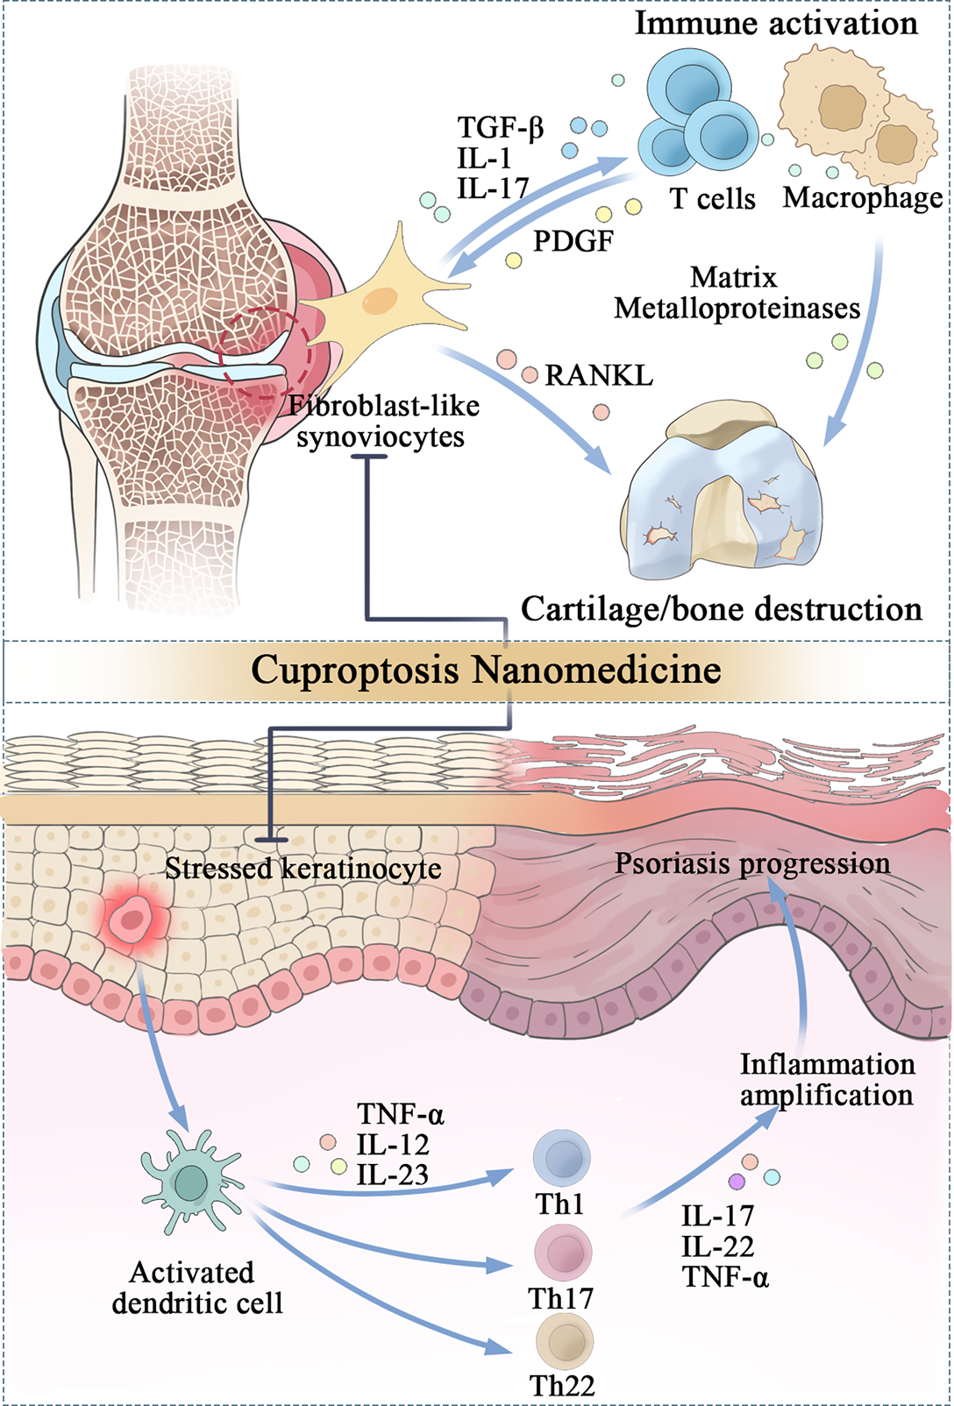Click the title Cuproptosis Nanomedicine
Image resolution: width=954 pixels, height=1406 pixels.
[486, 671]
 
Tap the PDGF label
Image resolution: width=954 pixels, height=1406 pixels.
[573, 240]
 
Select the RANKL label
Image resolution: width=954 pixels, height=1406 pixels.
[599, 376]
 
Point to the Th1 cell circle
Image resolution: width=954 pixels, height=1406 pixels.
[562, 1158]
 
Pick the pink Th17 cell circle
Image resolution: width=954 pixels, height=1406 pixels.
[563, 1253]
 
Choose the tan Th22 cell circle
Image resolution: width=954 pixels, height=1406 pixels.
[565, 1340]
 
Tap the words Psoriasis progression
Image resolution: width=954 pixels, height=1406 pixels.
[752, 863]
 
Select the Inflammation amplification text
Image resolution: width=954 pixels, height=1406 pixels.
[827, 1079]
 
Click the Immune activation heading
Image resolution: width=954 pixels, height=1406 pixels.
[776, 23]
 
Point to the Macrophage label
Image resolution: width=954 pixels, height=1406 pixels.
[863, 198]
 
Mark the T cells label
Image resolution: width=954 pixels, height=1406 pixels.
[713, 199]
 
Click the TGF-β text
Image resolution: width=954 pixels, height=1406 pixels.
[501, 128]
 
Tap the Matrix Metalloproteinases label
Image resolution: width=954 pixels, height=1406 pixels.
[737, 294]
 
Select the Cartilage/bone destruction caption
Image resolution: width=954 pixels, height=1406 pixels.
[721, 609]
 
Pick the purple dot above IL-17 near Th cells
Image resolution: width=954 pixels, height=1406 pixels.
[737, 1182]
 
